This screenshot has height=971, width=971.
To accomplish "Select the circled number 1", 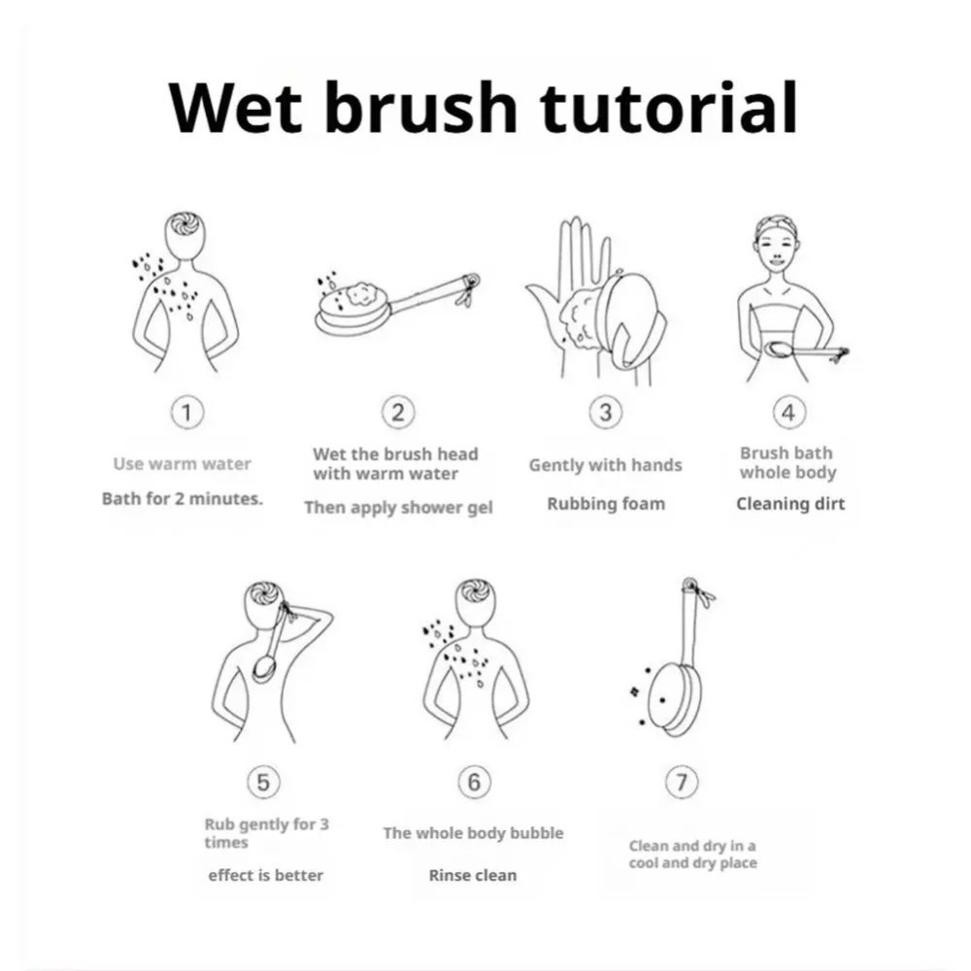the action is pos(186,412).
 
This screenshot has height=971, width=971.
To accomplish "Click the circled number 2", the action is pos(398,412).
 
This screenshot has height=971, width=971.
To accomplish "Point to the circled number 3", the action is pos(606,412).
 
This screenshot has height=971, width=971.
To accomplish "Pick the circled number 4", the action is pos(788,412).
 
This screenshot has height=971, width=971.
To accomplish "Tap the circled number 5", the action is pos(263,782).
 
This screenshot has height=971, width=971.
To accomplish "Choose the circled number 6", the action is pos(474,782).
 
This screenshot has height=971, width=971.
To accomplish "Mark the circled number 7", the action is pos(682,782).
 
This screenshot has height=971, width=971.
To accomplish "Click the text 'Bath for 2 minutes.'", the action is pos(183,498).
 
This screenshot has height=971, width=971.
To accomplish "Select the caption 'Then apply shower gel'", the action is pos(398,508).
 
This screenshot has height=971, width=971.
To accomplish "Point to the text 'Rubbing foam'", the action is pos(606,504).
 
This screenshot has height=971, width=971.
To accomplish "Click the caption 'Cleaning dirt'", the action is pos(790,504).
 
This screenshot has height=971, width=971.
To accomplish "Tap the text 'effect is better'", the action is pos(266,875).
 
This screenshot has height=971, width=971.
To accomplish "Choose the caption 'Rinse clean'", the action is pos(473,875).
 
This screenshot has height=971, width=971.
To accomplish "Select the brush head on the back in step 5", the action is pos(266,669).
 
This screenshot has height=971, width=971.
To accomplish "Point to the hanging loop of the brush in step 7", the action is pos(689,585).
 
